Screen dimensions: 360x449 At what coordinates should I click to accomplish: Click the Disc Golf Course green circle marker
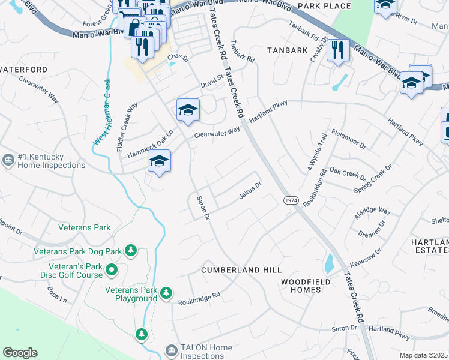tap(111, 271)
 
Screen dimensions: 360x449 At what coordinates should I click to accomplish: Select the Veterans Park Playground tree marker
tap(166, 293)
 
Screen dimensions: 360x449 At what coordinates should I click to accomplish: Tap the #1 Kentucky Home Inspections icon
tap(9, 160)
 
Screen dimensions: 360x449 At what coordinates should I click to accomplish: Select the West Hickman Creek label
tap(101, 111)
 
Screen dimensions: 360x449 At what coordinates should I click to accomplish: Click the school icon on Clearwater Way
tap(188, 109)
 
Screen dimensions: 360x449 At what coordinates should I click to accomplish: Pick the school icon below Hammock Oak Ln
tap(159, 161)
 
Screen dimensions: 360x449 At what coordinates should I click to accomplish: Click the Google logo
tap(20, 353)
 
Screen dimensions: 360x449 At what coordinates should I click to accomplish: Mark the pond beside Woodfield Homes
tap(328, 262)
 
